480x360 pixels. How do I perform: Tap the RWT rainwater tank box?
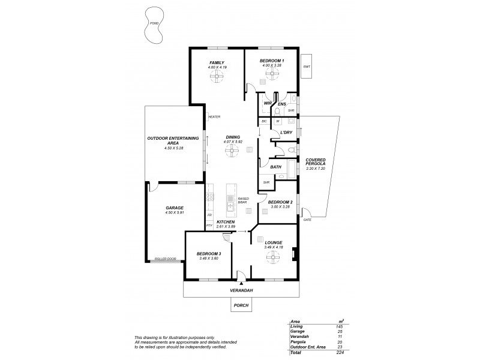point(307,67)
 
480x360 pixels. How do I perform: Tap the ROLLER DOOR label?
point(165,259)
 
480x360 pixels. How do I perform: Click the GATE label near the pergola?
point(307,220)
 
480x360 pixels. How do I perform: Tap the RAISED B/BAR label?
point(243,200)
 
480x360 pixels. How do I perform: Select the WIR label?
point(268,104)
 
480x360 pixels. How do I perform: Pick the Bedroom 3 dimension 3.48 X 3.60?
point(209,259)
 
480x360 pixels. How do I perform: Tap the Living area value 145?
point(341,326)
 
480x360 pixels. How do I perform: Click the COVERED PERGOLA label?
point(315,163)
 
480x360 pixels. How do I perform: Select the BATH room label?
point(276,167)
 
